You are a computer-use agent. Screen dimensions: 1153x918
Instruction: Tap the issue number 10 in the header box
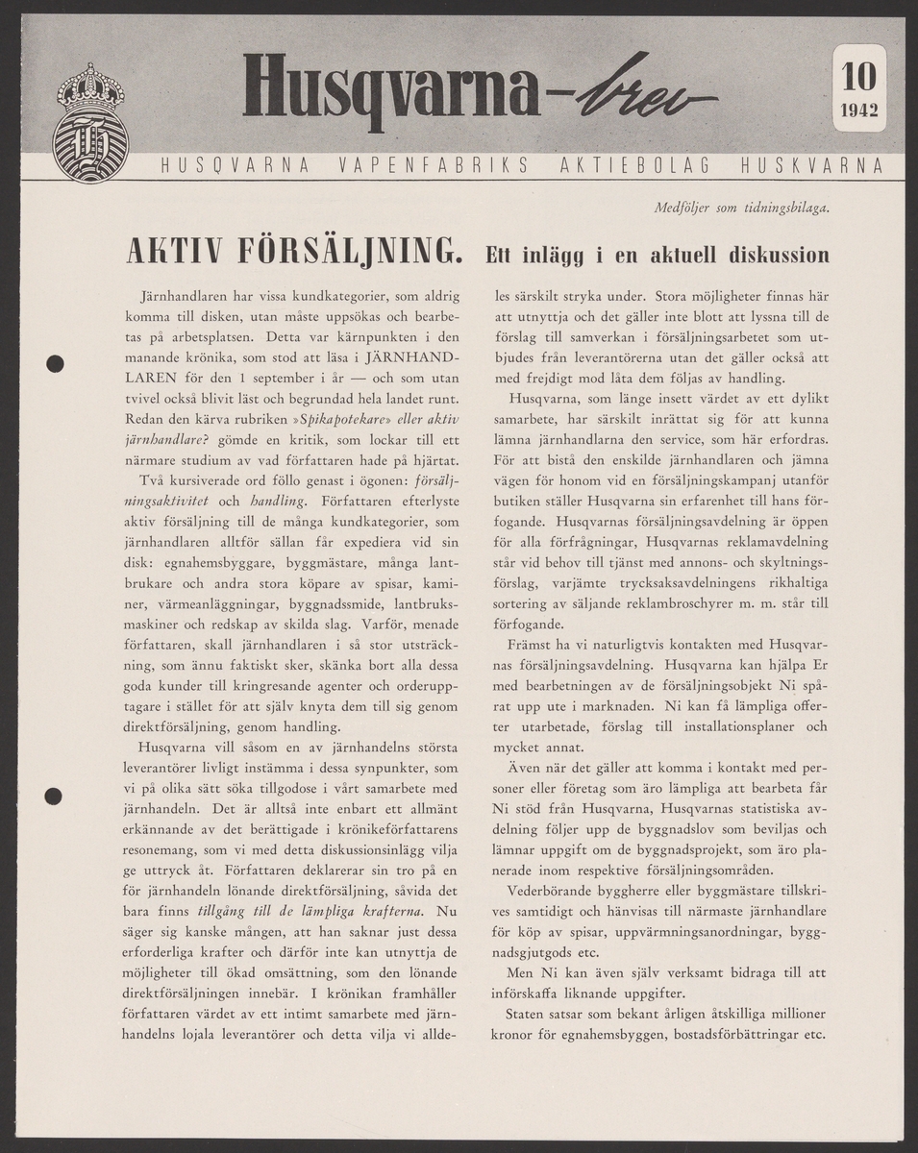858,75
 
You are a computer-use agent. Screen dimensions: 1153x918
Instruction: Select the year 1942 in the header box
858,110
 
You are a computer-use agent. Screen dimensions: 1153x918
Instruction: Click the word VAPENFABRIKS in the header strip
434,165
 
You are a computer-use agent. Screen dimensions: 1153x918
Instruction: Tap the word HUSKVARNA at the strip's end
811,165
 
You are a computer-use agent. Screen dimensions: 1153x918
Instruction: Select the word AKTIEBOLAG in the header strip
633,165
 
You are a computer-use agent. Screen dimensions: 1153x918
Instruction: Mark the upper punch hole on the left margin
55,363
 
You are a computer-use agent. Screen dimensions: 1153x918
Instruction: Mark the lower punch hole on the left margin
55,796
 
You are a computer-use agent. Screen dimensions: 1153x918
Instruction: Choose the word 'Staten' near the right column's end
530,1015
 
